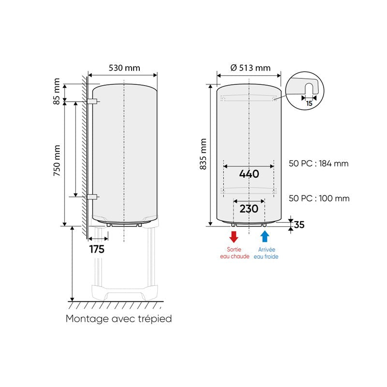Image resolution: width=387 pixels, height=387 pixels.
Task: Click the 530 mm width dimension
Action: [x=124, y=68]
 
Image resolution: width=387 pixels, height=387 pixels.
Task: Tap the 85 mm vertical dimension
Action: [x=57, y=91]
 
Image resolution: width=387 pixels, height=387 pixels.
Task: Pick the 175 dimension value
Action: [x=96, y=250]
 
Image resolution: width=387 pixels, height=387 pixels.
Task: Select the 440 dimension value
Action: [x=249, y=174]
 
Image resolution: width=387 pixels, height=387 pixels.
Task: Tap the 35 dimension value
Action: [x=299, y=224]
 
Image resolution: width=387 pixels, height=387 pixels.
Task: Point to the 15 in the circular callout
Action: [x=309, y=103]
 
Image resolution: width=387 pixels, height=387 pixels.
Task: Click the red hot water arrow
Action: [x=234, y=237]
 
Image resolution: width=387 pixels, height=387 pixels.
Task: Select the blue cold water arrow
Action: [x=265, y=236]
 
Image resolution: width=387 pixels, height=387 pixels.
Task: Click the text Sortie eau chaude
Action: [x=234, y=253]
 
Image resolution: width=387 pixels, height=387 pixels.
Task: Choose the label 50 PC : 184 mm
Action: [x=318, y=164]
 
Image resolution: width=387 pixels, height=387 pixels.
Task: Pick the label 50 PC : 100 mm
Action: [x=318, y=198]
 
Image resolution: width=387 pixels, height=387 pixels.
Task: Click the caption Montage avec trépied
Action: [x=119, y=319]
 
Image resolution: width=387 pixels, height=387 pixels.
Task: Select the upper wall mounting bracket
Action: [x=92, y=102]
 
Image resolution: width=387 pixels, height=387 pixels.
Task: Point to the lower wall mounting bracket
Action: [x=92, y=196]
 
